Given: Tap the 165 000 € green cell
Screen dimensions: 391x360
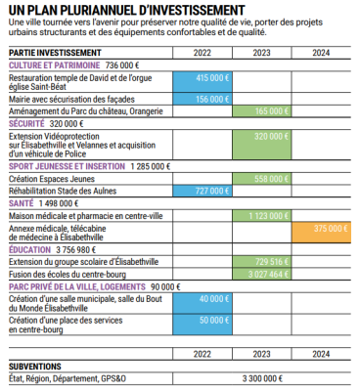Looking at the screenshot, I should pyautogui.click(x=261, y=111).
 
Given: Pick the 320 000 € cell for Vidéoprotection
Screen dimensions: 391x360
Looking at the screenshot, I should pyautogui.click(x=261, y=144).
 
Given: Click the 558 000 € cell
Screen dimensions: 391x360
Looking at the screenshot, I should pyautogui.click(x=261, y=179).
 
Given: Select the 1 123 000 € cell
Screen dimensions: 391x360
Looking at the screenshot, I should pyautogui.click(x=261, y=215).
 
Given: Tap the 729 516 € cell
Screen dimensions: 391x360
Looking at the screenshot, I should pyautogui.click(x=261, y=262).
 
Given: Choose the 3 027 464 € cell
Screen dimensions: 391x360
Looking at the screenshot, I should pyautogui.click(x=261, y=275).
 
